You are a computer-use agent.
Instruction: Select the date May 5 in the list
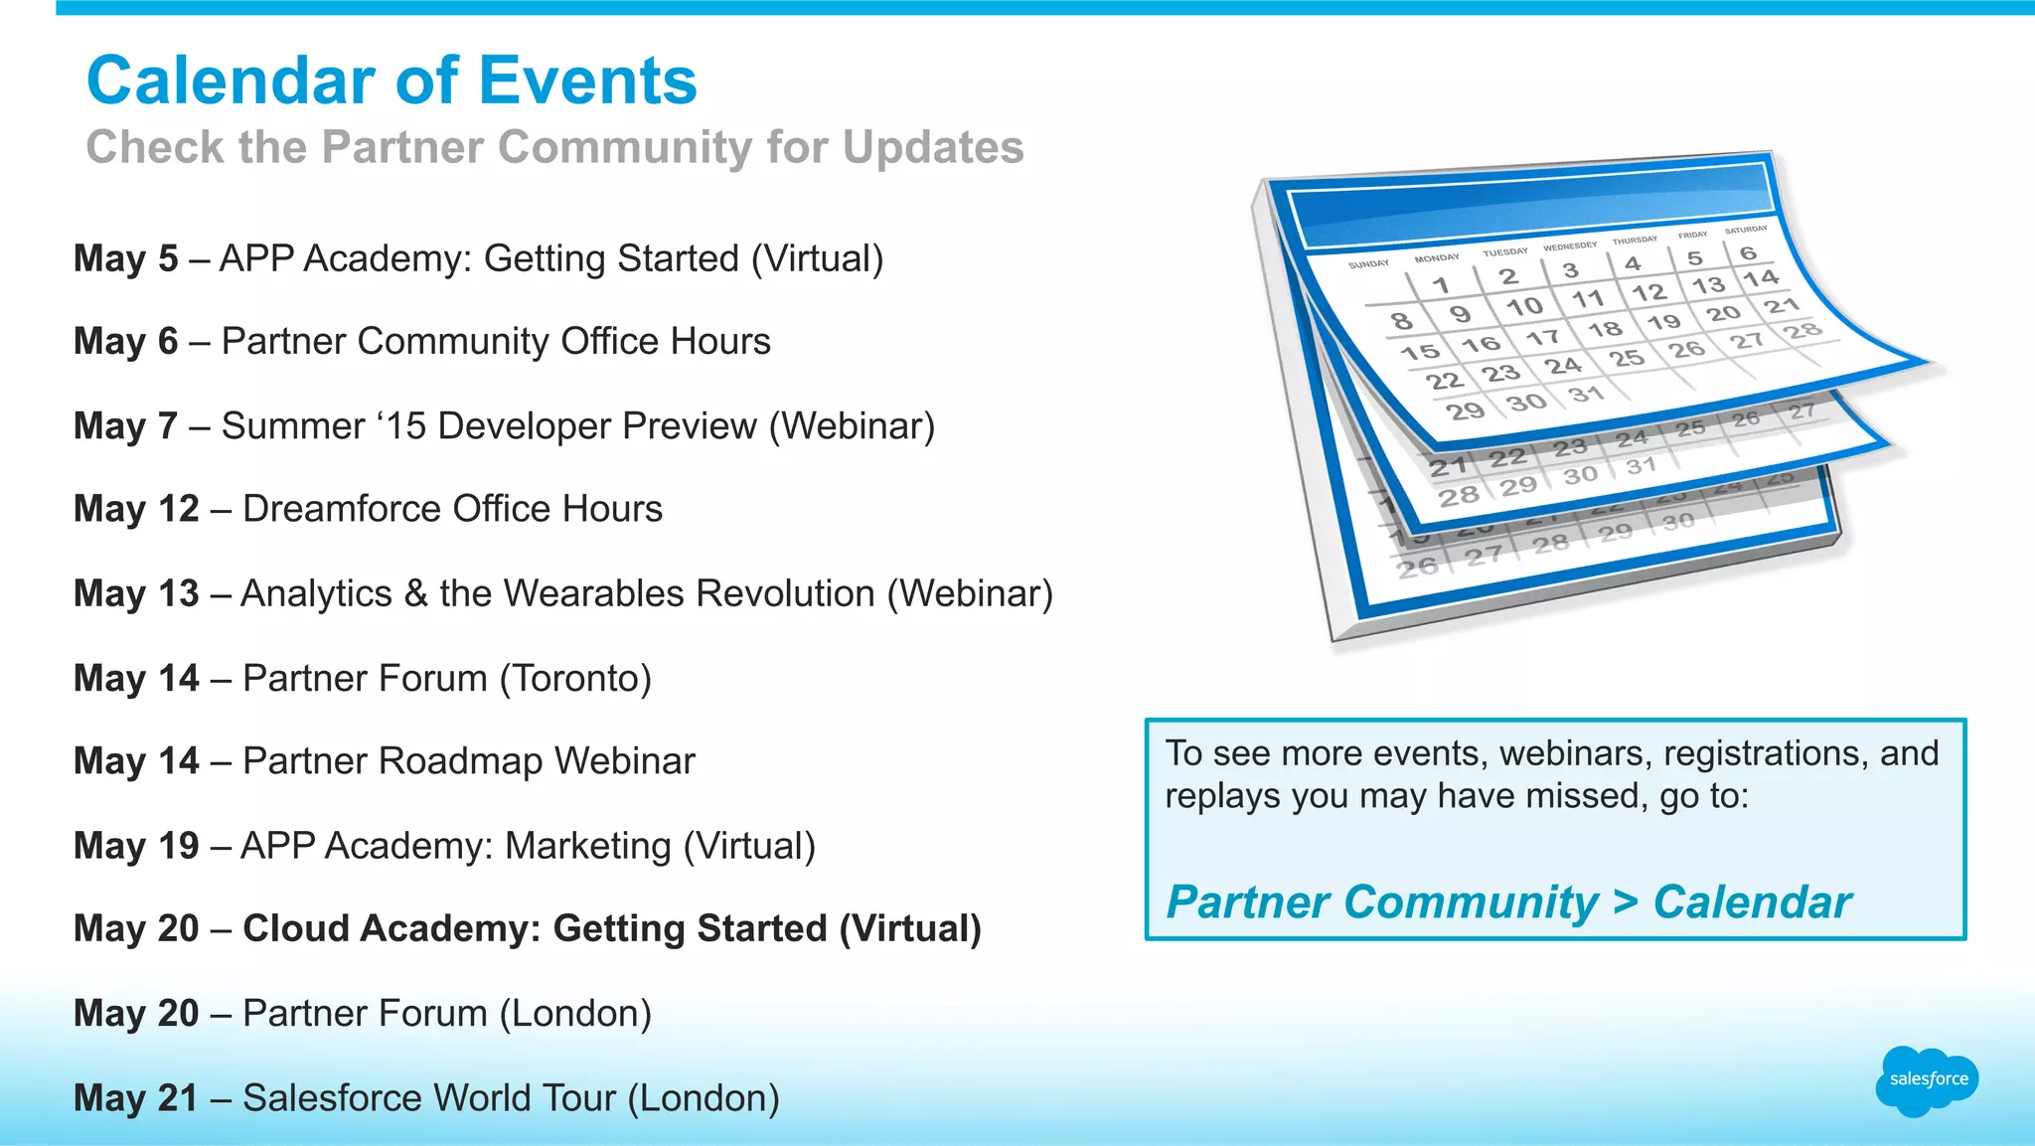click(x=125, y=258)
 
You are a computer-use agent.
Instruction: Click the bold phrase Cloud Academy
click(x=391, y=928)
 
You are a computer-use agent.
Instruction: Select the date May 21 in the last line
click(x=136, y=1098)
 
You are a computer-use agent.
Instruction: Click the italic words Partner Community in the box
click(x=1382, y=902)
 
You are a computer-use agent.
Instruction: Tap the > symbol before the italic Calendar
click(x=1626, y=902)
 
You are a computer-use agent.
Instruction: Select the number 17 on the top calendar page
click(x=1542, y=338)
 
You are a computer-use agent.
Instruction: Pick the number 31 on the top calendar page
click(x=1586, y=395)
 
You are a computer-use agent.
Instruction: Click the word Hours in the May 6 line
click(x=719, y=342)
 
